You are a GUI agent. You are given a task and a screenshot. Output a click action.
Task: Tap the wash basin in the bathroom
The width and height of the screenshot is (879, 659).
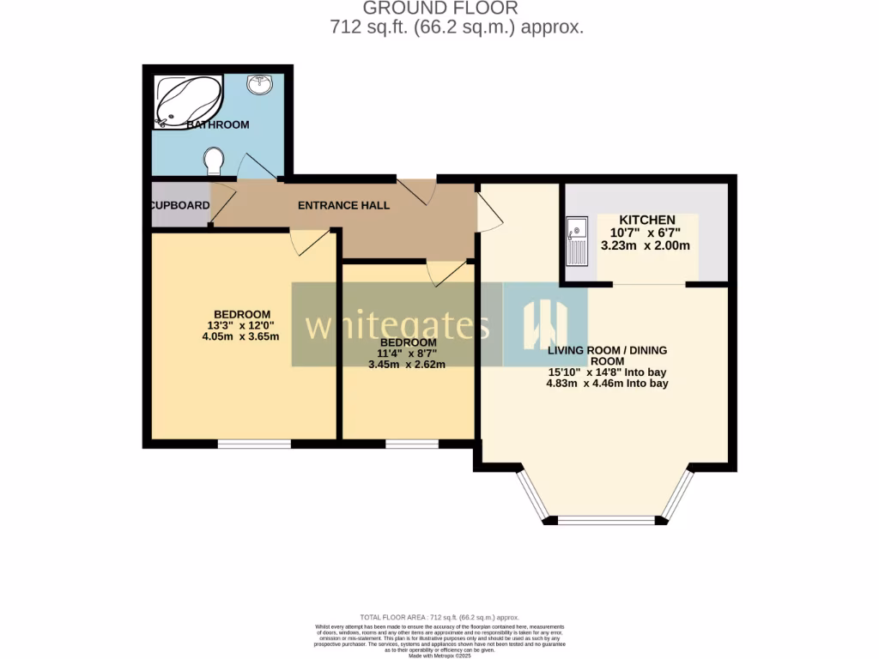click(260, 84)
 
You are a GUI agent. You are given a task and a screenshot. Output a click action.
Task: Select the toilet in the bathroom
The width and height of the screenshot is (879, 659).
click(214, 160)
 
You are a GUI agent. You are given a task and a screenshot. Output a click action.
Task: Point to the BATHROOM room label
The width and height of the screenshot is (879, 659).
click(218, 124)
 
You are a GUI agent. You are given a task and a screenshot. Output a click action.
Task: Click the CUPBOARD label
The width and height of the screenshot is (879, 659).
click(180, 206)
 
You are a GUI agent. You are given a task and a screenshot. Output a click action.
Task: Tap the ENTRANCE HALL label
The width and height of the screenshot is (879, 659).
click(343, 206)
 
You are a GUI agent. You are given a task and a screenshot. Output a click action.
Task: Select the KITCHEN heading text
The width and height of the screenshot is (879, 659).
click(647, 220)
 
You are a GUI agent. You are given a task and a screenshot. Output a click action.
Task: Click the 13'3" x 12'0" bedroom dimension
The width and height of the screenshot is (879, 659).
click(243, 325)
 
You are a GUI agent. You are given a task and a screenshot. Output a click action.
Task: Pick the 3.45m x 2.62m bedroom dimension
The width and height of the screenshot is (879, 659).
click(408, 364)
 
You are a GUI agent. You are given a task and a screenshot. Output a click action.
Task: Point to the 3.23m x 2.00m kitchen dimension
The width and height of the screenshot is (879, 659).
click(650, 245)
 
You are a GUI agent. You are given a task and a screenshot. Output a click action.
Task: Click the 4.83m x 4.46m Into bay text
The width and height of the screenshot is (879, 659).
click(607, 384)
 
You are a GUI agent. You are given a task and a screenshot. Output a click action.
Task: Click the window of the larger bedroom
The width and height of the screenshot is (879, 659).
click(253, 444)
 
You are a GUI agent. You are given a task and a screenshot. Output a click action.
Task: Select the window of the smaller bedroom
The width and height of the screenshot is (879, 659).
click(411, 444)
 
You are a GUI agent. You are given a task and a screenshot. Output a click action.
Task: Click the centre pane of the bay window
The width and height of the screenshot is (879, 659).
click(606, 520)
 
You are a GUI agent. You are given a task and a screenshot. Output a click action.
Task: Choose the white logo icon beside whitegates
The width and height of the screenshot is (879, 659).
click(545, 326)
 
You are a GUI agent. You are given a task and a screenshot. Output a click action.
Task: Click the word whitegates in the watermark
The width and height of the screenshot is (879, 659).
click(397, 327)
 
